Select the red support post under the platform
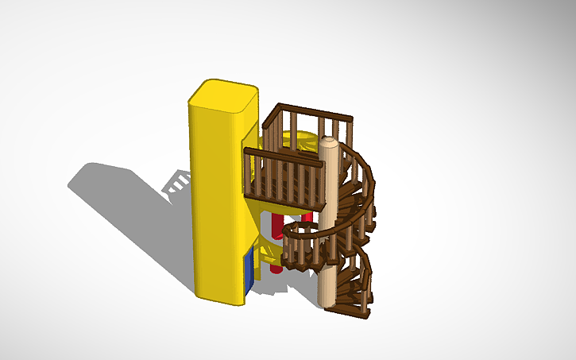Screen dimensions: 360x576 click(276, 238)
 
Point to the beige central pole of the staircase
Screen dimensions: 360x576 click(327, 230)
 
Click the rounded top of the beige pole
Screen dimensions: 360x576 click(329, 144)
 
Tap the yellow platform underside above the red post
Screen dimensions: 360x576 click(274, 208)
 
